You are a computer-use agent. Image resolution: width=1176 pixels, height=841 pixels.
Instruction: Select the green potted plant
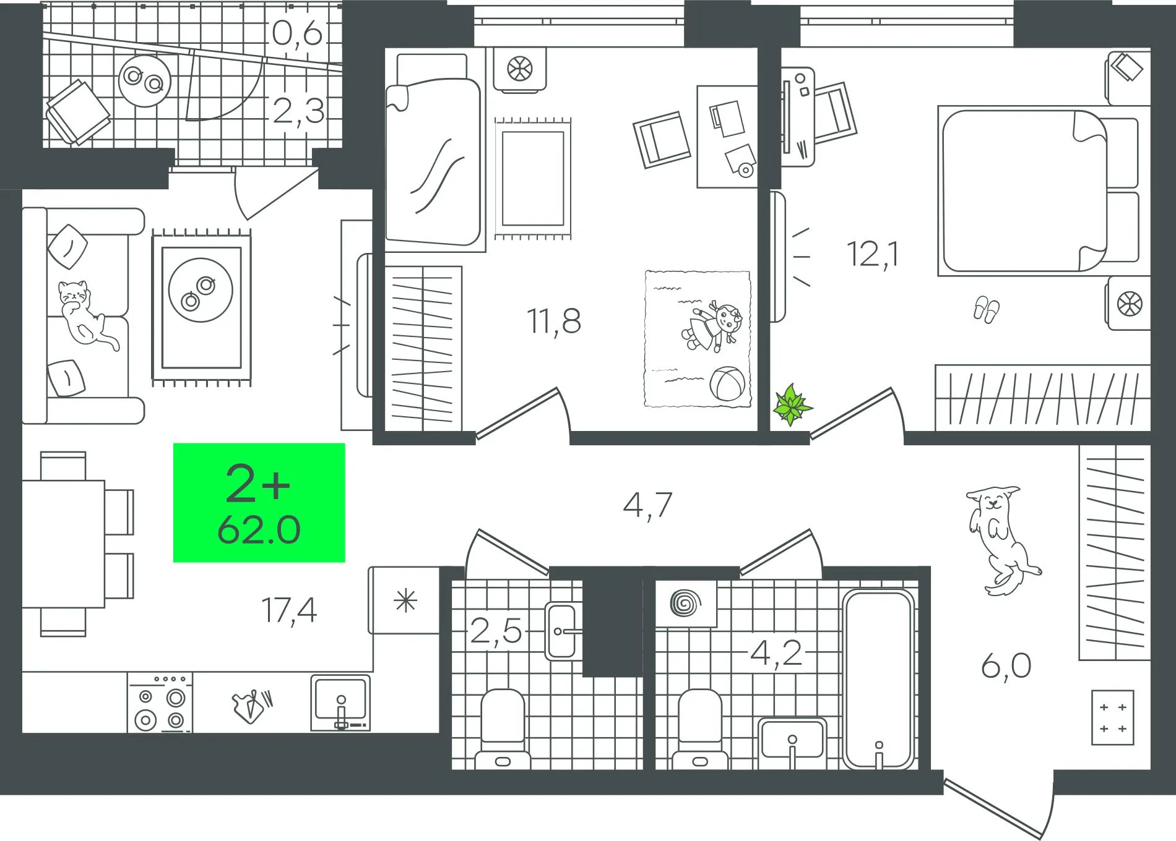click(x=792, y=405)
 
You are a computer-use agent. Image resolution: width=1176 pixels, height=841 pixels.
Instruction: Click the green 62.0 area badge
click(x=259, y=503)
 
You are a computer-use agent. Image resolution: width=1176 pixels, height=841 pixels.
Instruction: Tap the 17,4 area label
click(x=289, y=610)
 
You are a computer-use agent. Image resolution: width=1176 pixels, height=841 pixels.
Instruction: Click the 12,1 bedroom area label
click(x=873, y=254)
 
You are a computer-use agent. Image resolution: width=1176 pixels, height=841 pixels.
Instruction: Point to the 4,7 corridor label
click(x=647, y=505)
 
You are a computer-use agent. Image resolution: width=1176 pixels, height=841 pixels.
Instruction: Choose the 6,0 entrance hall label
click(x=1006, y=667)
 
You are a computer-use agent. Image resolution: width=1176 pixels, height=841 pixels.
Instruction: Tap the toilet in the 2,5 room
click(x=503, y=729)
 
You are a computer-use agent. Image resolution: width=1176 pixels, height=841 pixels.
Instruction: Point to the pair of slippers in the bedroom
click(x=985, y=309)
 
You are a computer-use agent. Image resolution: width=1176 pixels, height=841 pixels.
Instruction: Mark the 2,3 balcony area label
click(x=298, y=111)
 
